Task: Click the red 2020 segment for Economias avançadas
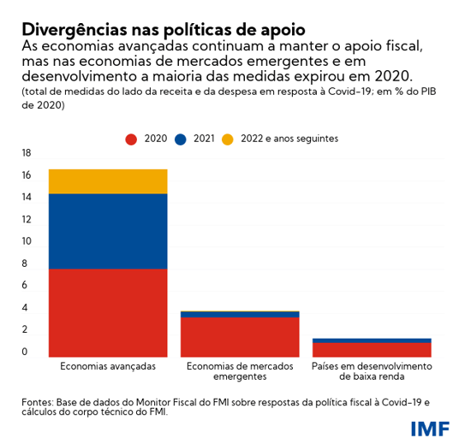point(108,311)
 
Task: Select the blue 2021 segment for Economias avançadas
point(108,231)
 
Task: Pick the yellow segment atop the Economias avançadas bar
point(108,181)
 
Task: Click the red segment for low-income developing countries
point(372,349)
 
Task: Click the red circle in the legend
point(131,139)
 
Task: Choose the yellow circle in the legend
point(227,139)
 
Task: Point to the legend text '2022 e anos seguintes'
point(289,139)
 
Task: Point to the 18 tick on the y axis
point(26,153)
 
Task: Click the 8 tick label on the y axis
point(26,263)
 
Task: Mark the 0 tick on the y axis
point(26,352)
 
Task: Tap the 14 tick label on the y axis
point(26,198)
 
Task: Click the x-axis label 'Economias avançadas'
point(108,366)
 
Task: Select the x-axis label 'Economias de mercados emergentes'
point(240,371)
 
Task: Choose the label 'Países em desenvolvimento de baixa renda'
point(372,371)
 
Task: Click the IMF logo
point(429,427)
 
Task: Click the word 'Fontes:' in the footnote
point(39,400)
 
